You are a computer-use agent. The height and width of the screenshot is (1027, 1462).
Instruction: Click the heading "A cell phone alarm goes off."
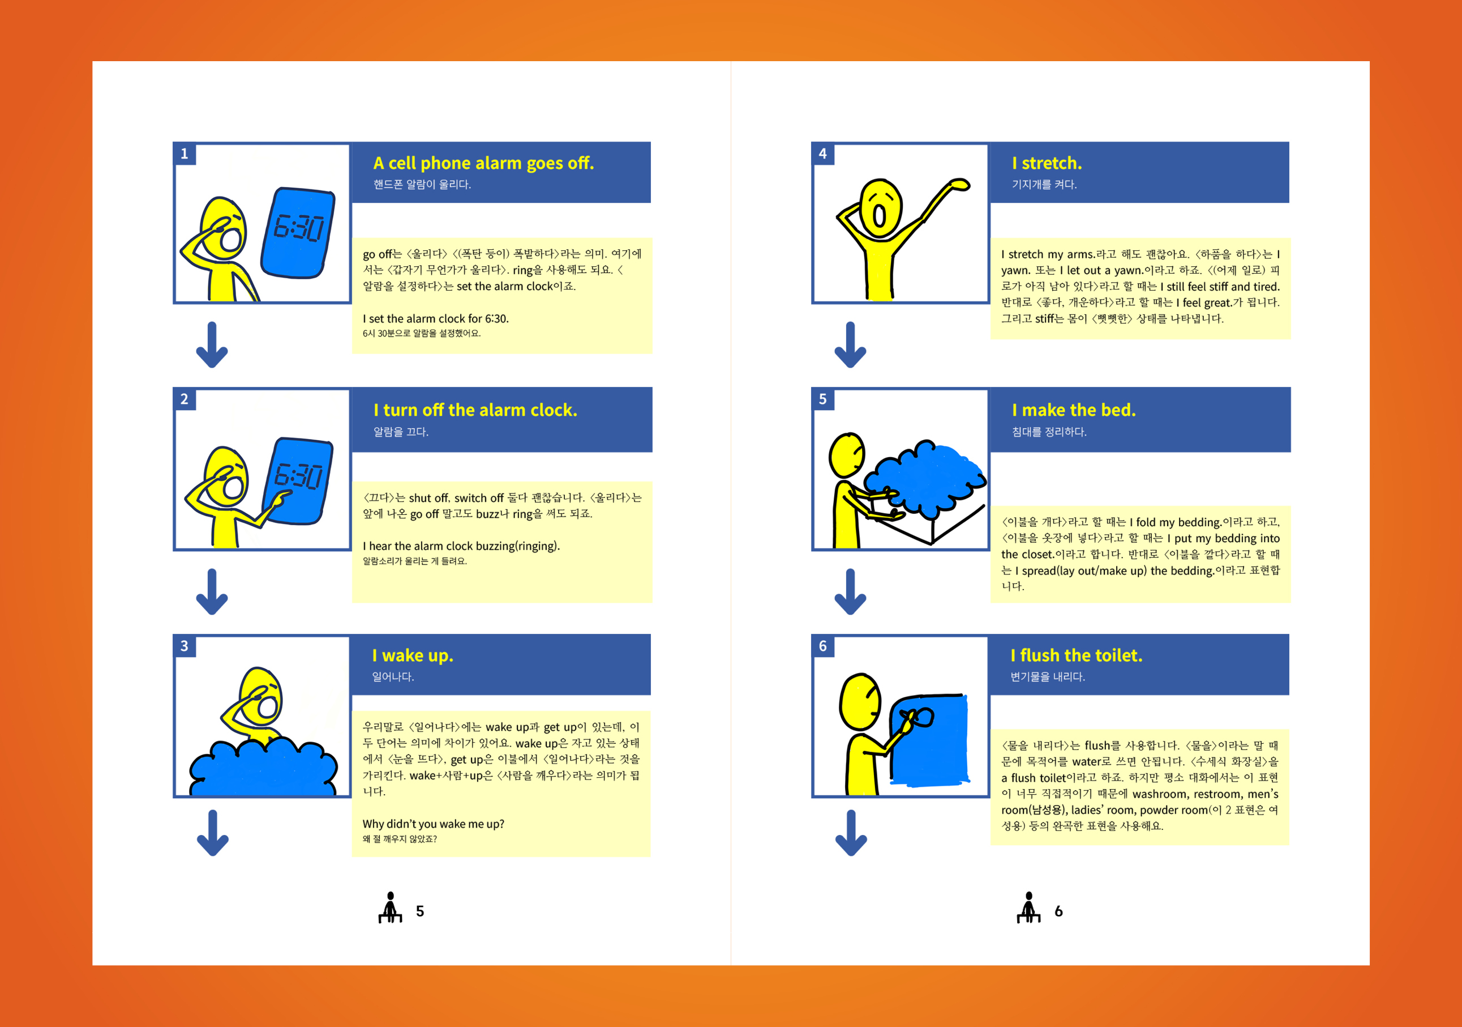point(483,164)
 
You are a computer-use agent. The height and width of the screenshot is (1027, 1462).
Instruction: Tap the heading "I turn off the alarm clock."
point(475,410)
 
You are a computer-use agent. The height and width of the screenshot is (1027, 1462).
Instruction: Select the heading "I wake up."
point(413,655)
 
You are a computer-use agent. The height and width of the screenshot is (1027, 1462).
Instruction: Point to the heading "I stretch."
point(1047,163)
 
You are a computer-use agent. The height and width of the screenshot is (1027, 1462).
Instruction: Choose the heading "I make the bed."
point(1074,410)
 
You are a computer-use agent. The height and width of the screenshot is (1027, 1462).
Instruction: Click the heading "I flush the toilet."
point(1076,655)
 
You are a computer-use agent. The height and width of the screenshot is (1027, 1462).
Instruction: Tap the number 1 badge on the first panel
point(185,154)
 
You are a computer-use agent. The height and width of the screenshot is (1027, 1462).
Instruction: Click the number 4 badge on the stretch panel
point(823,154)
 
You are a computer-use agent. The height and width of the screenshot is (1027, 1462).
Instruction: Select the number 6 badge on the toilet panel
point(823,646)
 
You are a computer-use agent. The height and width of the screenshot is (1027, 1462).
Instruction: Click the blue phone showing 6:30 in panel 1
point(298,233)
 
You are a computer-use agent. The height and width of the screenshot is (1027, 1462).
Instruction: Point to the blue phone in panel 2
point(297,481)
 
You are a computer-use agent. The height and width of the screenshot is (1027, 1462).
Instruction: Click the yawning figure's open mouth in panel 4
point(880,215)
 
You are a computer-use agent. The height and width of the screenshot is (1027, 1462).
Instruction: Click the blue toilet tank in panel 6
point(929,740)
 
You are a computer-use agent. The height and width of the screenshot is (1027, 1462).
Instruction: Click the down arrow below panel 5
point(851,592)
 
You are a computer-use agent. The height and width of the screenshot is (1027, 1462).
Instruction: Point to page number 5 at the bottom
point(420,911)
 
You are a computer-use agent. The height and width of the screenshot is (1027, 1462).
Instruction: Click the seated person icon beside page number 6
point(1028,907)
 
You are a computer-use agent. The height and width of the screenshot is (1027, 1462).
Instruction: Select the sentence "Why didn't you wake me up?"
point(434,824)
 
